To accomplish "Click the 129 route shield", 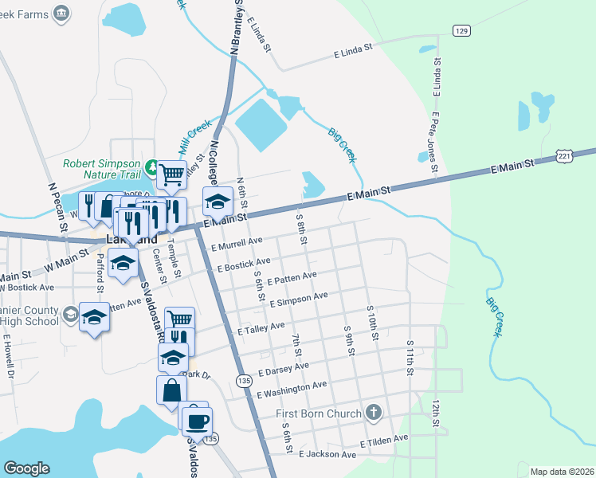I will [460, 30].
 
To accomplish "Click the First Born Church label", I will [318, 413].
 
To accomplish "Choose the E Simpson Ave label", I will [299, 300].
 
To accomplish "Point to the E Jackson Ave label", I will [327, 454].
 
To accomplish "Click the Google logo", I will [27, 468].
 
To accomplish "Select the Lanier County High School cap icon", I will [94, 319].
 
